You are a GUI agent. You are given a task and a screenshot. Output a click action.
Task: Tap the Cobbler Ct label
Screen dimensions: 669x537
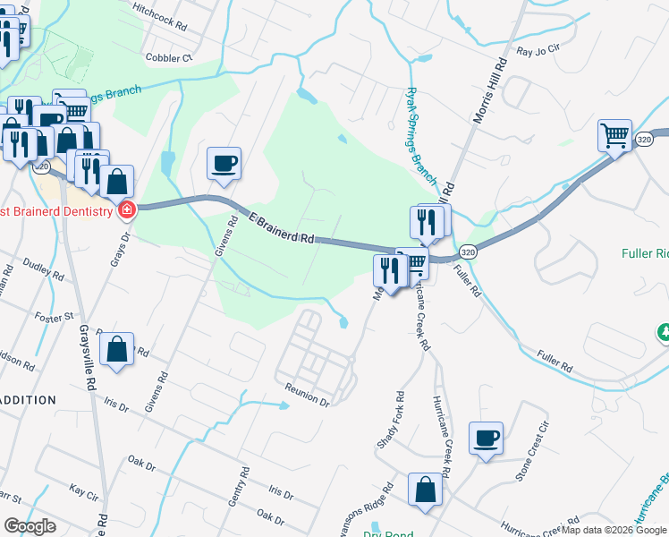click(169, 57)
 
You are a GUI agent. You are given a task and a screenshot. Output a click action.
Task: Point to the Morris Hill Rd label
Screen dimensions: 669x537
click(491, 89)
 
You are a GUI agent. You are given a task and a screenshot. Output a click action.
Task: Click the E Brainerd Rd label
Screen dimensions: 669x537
click(283, 228)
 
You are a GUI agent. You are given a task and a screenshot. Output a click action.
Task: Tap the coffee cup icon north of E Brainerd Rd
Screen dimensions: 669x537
click(224, 164)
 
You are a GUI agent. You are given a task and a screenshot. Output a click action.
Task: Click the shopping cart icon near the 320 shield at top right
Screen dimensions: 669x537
click(614, 136)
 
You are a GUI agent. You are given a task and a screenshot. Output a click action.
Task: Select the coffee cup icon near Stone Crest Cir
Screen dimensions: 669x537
click(486, 438)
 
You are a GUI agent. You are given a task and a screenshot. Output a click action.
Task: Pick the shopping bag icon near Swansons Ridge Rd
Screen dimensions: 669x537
click(426, 490)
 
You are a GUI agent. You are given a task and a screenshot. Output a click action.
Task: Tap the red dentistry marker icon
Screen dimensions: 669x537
click(127, 211)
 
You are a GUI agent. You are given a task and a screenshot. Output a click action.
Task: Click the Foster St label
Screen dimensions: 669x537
click(55, 317)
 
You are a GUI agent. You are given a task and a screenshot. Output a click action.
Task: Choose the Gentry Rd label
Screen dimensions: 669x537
click(236, 489)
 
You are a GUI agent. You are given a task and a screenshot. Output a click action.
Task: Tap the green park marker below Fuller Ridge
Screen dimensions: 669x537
click(664, 333)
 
